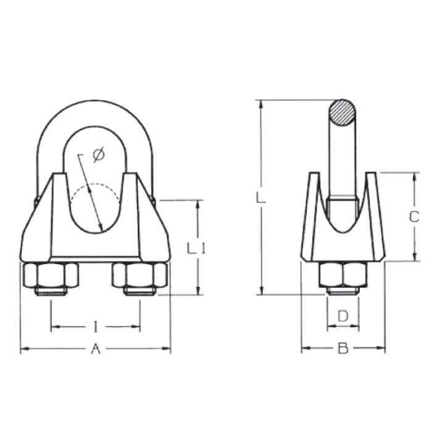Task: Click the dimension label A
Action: [96, 349]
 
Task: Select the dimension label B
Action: [343, 349]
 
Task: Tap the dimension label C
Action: [415, 217]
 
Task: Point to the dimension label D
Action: [343, 316]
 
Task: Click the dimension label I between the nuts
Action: [96, 325]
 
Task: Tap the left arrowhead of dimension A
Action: [23, 349]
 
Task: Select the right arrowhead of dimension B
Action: [383, 349]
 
